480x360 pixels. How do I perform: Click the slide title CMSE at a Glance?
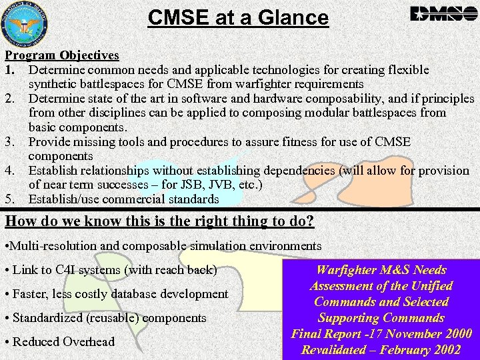click(238, 17)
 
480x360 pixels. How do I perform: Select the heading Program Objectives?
click(62, 55)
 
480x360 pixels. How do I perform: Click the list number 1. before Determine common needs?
click(10, 70)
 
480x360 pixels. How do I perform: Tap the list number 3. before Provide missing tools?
click(11, 142)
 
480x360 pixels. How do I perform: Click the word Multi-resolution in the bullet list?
click(53, 247)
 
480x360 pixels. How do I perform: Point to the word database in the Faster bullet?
click(139, 294)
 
